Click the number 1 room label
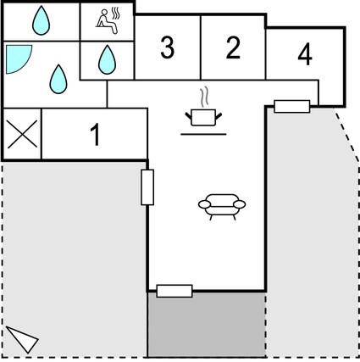95,135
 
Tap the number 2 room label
233,48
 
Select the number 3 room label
168,48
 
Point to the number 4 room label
305,55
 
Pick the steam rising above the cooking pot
202,94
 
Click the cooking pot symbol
202,116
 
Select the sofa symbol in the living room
221,205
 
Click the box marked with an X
22,135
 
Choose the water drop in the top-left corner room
42,20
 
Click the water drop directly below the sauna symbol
106,59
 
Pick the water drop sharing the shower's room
58,79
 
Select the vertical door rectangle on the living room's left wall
147,187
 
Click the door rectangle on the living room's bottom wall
174,291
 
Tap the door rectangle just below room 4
292,106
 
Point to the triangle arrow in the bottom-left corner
23,338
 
